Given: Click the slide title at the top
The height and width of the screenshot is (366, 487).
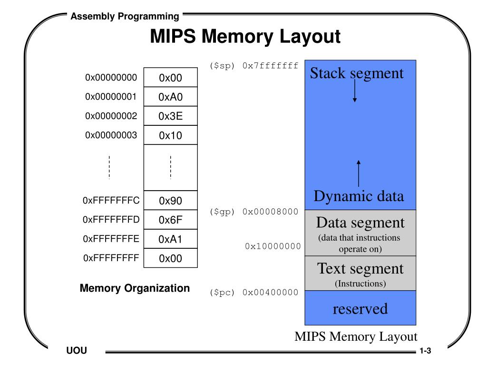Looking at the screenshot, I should [245, 37].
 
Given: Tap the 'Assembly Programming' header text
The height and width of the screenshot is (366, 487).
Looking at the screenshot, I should [125, 17].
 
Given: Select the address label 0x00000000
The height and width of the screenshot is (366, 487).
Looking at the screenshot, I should [111, 78].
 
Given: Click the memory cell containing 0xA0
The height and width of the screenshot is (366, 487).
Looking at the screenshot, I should [170, 97].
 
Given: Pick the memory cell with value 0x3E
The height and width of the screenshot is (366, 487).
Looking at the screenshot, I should [170, 116].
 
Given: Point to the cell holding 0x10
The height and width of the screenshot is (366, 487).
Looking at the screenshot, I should [170, 135].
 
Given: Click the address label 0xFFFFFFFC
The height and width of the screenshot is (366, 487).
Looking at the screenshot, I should [111, 200].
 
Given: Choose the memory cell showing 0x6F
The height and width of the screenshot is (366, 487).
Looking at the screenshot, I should [170, 220].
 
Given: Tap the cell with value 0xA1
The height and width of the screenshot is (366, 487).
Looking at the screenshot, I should [170, 239].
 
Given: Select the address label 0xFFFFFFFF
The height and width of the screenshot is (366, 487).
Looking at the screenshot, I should [111, 258].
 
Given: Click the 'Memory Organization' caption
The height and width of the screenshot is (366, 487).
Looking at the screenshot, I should [135, 288].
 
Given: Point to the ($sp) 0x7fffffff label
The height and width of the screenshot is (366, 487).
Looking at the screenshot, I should [254, 66].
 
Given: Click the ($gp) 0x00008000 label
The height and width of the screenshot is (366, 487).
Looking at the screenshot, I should [254, 212].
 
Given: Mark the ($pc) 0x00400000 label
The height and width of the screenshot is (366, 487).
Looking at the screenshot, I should [254, 293].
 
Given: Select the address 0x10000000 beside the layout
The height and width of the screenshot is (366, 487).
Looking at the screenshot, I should [273, 246].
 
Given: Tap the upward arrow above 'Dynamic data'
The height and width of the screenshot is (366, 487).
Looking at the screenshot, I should [359, 174].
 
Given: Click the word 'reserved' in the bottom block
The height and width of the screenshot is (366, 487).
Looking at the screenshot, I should [360, 309].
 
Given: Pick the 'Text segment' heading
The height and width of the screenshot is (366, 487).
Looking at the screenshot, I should [360, 269].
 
